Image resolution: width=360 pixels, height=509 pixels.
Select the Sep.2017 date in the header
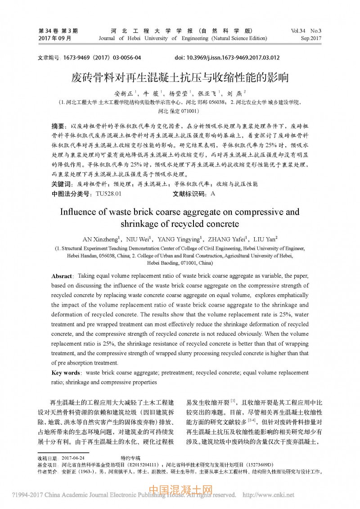(311, 39)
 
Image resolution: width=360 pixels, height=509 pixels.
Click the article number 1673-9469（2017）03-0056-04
(102, 58)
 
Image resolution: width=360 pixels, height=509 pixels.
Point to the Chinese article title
(180, 77)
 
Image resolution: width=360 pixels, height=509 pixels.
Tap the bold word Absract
(62, 276)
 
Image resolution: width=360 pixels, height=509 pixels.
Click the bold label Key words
(66, 373)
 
